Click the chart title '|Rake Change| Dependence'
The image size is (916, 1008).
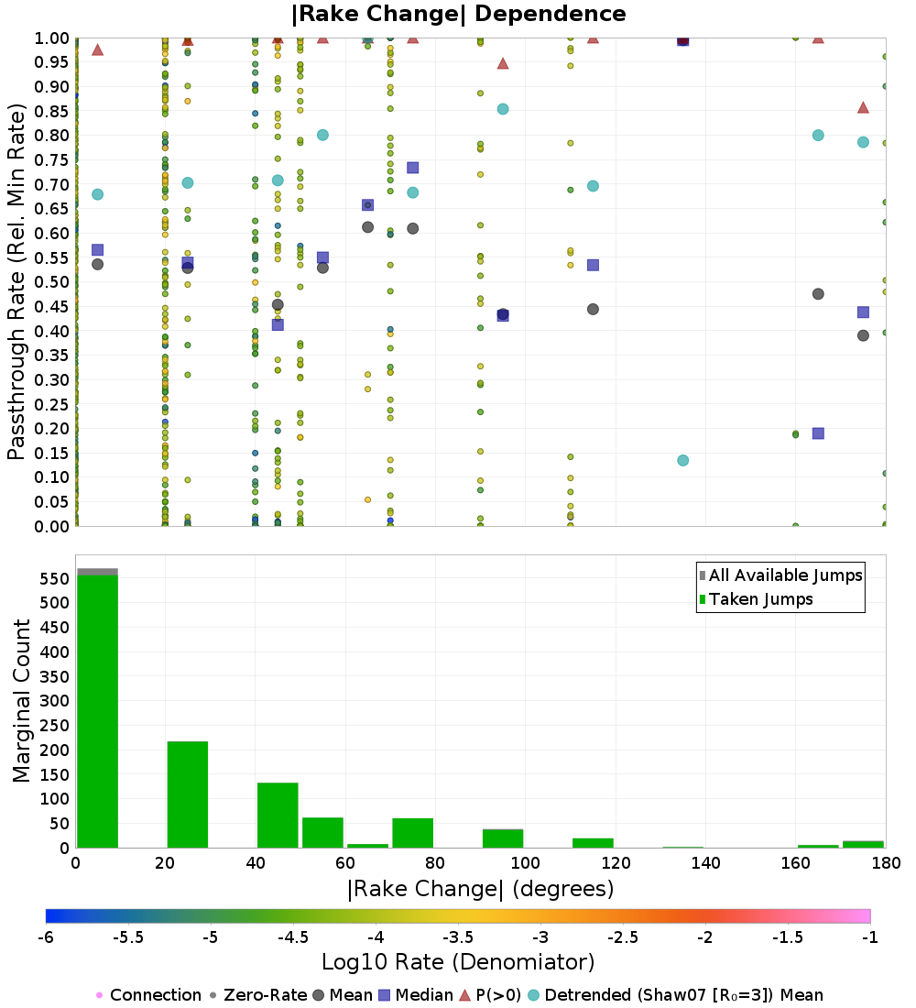coord(458,14)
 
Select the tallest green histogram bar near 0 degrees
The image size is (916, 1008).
coord(98,711)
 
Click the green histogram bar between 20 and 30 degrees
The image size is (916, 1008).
coord(188,794)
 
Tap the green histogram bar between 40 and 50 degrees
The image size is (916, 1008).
coord(278,816)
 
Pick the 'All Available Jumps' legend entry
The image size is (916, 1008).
coord(780,575)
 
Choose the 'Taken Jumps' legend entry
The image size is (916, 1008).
coord(756,599)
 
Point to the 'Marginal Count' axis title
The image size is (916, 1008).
coord(21,701)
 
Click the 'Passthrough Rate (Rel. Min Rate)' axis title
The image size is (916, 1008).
coord(16,281)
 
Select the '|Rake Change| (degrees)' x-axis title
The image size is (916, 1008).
coord(481,889)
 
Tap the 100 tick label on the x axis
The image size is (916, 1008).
coord(525,862)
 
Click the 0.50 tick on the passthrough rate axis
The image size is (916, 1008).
coord(51,282)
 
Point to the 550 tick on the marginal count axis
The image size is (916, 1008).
coord(55,578)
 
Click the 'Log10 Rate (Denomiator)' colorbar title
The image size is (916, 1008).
coord(458,962)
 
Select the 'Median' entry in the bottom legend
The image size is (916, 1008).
coord(417,995)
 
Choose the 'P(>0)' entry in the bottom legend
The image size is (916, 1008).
coord(490,995)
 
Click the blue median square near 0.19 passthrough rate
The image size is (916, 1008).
coord(818,433)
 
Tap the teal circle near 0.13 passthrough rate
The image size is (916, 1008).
coord(683,460)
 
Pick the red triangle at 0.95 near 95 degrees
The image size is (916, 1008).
coord(503,63)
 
